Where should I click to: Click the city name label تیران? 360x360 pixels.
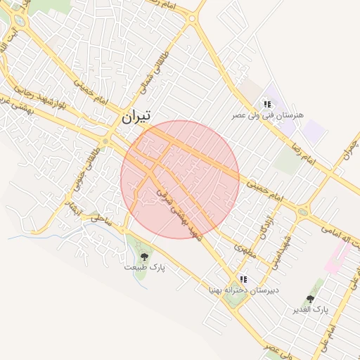(136, 117)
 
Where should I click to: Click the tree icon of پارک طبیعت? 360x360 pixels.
(145, 257)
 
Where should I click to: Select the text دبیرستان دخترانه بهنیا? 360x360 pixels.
(243, 290)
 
